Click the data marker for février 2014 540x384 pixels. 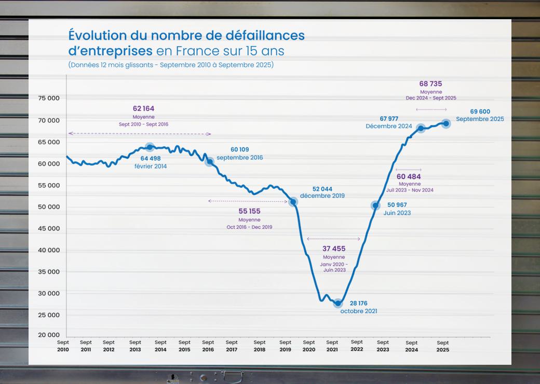click(x=150, y=147)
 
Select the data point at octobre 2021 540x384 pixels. click(x=338, y=304)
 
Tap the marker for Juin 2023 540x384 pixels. click(x=375, y=206)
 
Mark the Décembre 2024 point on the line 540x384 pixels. click(x=421, y=128)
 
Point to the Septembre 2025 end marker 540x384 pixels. click(x=446, y=124)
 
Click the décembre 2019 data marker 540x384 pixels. click(x=293, y=202)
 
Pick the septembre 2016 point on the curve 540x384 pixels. click(x=210, y=162)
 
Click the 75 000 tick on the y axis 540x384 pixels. click(x=48, y=99)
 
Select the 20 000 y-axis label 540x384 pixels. click(x=48, y=335)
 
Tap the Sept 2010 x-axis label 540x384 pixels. click(x=63, y=346)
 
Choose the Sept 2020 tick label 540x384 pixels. click(x=309, y=346)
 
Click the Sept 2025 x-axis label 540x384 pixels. click(x=443, y=346)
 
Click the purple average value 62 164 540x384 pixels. click(x=143, y=108)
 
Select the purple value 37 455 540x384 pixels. click(x=334, y=249)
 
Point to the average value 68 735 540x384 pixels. click(x=430, y=84)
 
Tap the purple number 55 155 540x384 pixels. click(x=249, y=211)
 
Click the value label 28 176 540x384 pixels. click(x=359, y=303)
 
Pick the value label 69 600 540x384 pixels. click(x=480, y=112)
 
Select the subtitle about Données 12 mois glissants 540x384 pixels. click(x=171, y=65)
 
